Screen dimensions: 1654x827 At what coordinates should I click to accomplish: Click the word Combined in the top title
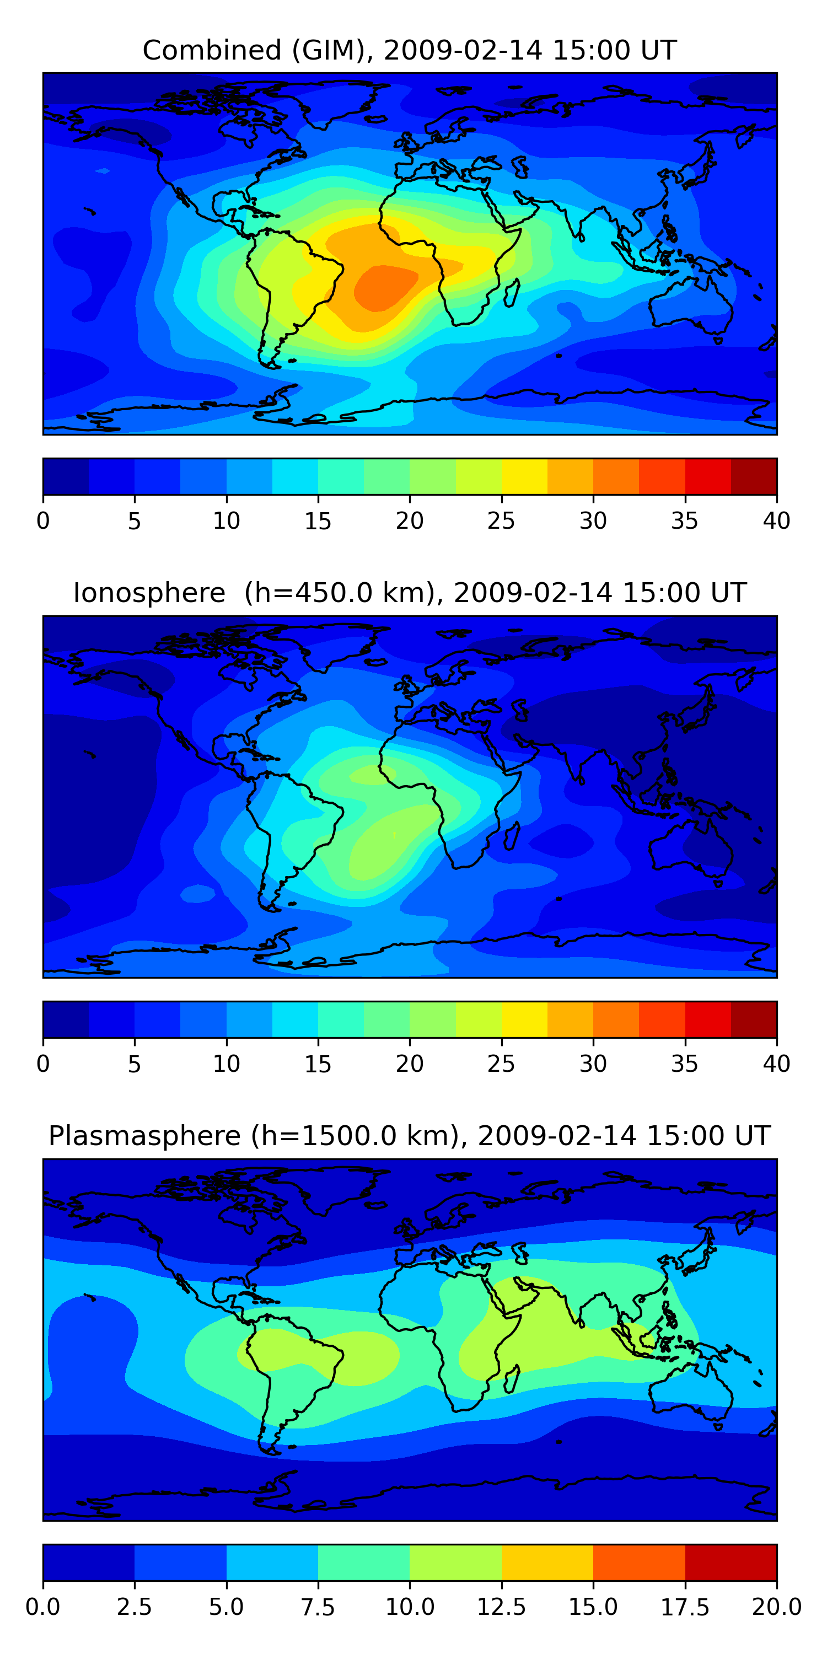(212, 50)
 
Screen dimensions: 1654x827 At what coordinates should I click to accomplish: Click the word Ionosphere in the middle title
(149, 593)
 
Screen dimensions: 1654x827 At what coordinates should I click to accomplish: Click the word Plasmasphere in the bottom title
(144, 1136)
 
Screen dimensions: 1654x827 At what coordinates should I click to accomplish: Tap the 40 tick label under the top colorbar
(776, 520)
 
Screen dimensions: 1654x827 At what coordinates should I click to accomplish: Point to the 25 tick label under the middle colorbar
(501, 1064)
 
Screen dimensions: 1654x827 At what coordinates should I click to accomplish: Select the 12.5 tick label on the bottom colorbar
(501, 1607)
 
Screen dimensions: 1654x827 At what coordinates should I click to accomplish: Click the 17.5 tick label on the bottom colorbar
(684, 1607)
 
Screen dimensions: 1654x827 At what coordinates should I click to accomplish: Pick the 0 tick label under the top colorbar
(43, 520)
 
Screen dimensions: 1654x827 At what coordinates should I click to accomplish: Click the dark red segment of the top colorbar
(754, 476)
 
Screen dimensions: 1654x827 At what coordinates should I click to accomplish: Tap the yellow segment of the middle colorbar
(524, 1019)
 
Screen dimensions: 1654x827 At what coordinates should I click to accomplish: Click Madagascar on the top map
(512, 292)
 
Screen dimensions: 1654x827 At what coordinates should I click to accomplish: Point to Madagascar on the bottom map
(512, 1378)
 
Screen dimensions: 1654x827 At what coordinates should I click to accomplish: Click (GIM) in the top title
(332, 50)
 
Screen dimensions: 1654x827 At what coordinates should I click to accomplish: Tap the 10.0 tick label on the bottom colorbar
(410, 1607)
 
